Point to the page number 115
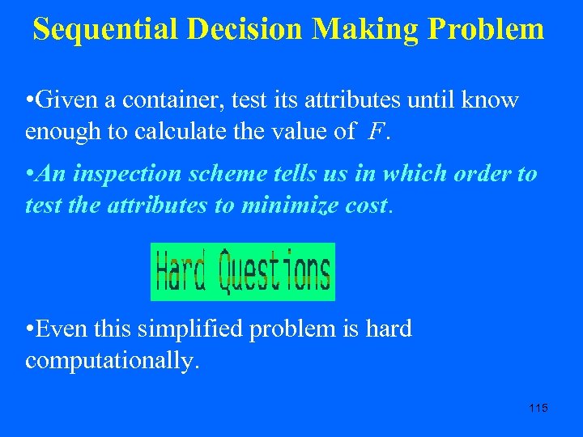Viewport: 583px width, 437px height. (x=538, y=408)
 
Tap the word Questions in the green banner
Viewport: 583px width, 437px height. (x=275, y=272)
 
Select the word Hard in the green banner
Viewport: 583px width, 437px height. (x=181, y=272)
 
